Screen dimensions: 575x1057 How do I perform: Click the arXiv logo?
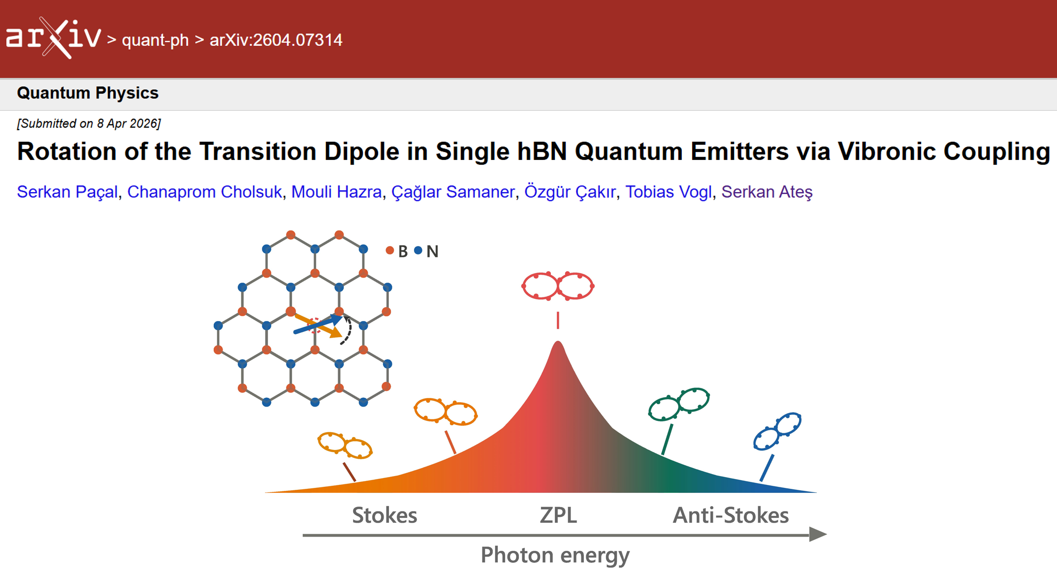[x=53, y=38]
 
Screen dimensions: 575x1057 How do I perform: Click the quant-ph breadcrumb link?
[x=155, y=40]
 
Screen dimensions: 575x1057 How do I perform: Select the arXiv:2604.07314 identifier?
[x=276, y=40]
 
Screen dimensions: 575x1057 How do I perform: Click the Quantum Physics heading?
[x=88, y=93]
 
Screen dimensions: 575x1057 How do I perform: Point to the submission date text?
[x=89, y=124]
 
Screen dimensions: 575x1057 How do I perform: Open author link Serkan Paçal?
[x=67, y=192]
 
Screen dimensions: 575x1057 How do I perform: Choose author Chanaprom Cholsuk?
[x=204, y=192]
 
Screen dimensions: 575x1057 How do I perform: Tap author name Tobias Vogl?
[x=668, y=192]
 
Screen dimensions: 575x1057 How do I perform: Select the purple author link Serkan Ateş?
[x=767, y=192]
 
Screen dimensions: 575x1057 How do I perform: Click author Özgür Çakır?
[x=570, y=192]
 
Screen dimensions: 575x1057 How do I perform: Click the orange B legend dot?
[x=389, y=251]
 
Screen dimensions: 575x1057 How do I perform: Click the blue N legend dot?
[x=418, y=251]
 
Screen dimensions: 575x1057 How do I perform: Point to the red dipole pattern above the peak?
[x=558, y=286]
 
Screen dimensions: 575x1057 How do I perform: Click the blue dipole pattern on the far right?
[x=777, y=431]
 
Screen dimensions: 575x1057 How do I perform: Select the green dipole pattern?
[x=679, y=404]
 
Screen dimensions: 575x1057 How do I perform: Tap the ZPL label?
[x=558, y=515]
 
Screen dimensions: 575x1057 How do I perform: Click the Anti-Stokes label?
[x=731, y=515]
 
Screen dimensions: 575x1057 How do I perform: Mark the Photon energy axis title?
[x=555, y=555]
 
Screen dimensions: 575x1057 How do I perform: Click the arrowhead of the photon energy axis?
[x=818, y=534]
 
